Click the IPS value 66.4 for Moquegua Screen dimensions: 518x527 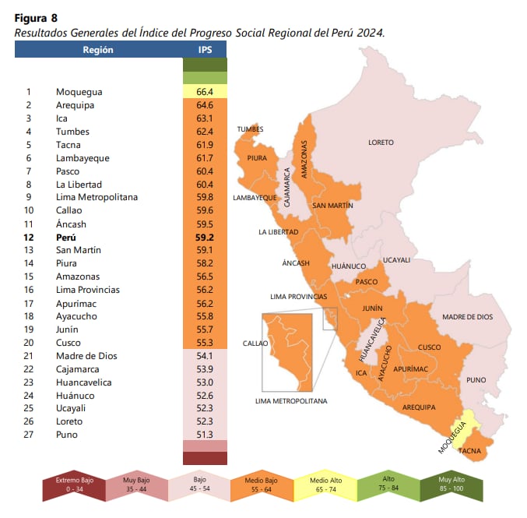(205, 92)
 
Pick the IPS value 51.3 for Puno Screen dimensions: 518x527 (205, 435)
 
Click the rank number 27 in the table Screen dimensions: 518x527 (28, 435)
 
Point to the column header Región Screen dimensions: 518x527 (98, 50)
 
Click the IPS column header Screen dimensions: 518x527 (205, 50)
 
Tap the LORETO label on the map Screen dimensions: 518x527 (381, 143)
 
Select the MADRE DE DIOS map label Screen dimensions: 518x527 (467, 317)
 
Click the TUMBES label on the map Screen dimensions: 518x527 (250, 129)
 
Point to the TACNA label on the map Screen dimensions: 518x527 (469, 451)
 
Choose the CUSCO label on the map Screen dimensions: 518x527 (429, 347)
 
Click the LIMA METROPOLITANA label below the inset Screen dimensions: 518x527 (291, 401)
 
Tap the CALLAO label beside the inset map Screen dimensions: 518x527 (255, 343)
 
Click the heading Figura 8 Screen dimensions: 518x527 (36, 17)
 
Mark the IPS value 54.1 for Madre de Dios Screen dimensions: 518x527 (205, 356)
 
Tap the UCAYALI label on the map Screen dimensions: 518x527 (396, 260)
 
